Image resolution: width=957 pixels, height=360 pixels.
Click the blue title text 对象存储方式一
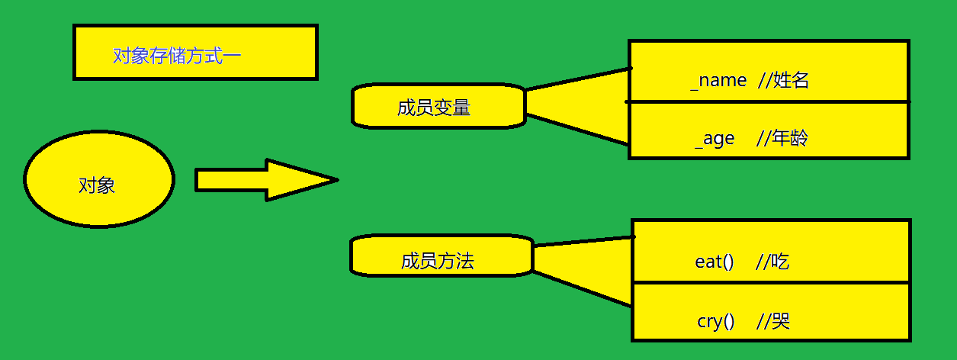click(177, 56)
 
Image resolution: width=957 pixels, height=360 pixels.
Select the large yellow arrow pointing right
click(252, 180)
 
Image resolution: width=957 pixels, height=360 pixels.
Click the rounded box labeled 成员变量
click(438, 106)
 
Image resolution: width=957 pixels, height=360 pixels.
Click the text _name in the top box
click(718, 80)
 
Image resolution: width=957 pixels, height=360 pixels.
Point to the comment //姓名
click(783, 80)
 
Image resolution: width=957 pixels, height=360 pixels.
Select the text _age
click(715, 138)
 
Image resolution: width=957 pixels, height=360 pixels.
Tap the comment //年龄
click(782, 138)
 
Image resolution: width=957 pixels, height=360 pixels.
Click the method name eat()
click(714, 262)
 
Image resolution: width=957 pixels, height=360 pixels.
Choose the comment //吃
click(772, 262)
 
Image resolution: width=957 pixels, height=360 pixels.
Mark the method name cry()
click(715, 321)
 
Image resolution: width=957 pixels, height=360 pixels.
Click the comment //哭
click(772, 321)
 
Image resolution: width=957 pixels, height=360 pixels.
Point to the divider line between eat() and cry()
click(771, 283)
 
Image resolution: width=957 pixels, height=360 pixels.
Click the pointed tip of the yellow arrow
click(334, 181)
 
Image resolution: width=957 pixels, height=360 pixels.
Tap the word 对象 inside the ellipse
click(97, 185)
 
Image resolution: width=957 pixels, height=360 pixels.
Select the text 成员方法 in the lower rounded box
click(438, 262)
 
